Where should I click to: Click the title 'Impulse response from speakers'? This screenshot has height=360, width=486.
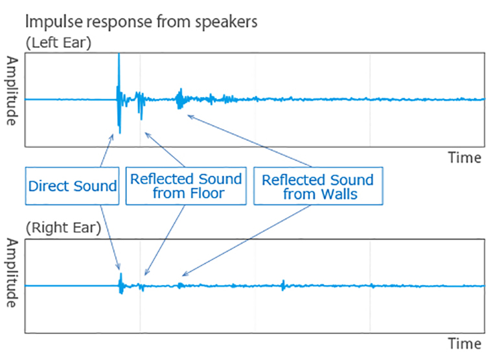pyautogui.click(x=141, y=22)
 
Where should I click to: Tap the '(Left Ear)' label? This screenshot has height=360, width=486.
pyautogui.click(x=58, y=43)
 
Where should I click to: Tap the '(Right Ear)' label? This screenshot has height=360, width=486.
pyautogui.click(x=64, y=228)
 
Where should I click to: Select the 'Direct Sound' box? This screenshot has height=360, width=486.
pyautogui.click(x=72, y=186)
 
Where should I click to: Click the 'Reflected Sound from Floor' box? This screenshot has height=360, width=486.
pyautogui.click(x=186, y=186)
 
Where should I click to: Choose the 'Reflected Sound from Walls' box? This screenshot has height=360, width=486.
pyautogui.click(x=318, y=186)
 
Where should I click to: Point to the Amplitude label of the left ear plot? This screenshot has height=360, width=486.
pyautogui.click(x=12, y=91)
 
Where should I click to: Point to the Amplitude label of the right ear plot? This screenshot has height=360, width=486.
pyautogui.click(x=12, y=273)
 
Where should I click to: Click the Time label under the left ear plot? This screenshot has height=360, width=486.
pyautogui.click(x=465, y=158)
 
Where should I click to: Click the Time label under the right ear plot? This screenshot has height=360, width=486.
pyautogui.click(x=465, y=344)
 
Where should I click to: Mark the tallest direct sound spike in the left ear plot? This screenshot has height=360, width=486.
pyautogui.click(x=119, y=93)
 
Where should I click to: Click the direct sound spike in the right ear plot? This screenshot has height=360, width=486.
pyautogui.click(x=121, y=284)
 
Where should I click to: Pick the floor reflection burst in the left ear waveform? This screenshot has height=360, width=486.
pyautogui.click(x=140, y=104)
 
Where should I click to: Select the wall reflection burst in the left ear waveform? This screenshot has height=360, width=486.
pyautogui.click(x=179, y=99)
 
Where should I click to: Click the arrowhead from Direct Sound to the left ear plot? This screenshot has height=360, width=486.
pyautogui.click(x=111, y=137)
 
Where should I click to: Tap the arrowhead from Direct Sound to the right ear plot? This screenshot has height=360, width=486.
pyautogui.click(x=119, y=267)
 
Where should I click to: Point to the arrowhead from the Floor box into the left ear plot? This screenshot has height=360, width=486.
pyautogui.click(x=147, y=135)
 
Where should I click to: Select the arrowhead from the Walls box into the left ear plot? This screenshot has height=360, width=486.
pyautogui.click(x=191, y=117)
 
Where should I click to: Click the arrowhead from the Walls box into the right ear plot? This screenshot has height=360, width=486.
pyautogui.click(x=185, y=274)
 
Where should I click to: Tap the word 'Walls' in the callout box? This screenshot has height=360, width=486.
pyautogui.click(x=340, y=194)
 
